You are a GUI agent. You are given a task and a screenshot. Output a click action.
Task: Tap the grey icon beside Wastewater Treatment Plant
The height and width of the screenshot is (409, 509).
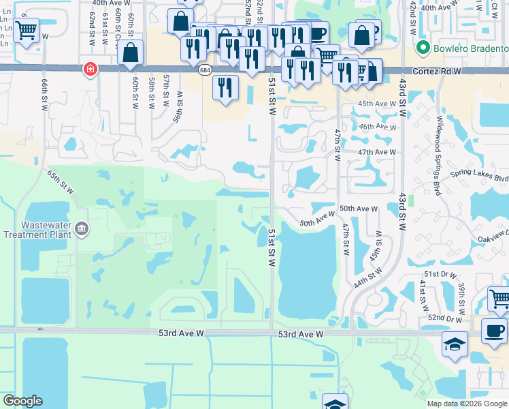click(82, 228)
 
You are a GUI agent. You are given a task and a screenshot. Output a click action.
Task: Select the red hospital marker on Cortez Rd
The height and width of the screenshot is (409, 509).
click(89, 69)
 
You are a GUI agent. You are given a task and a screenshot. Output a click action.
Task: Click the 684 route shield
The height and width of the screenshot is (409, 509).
click(205, 70)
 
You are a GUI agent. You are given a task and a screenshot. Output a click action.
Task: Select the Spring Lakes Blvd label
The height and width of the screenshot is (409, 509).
click(484, 177)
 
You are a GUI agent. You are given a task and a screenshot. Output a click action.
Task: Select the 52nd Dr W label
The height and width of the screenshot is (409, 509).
click(444, 318)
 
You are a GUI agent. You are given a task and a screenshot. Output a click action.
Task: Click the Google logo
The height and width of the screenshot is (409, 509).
click(22, 401)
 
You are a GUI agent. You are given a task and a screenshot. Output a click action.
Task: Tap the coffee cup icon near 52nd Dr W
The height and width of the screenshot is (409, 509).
click(494, 330)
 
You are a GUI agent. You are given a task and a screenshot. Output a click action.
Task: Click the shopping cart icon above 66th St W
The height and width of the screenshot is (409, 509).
click(26, 30)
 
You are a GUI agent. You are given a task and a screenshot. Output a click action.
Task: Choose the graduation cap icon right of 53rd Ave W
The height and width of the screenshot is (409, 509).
click(454, 344)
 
